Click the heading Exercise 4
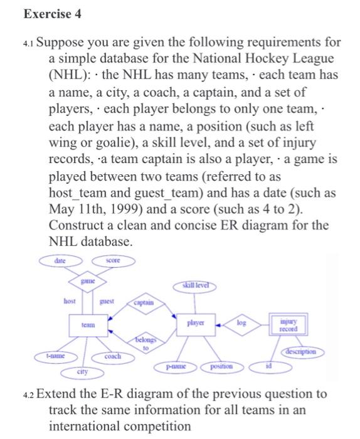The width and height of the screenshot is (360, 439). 45,13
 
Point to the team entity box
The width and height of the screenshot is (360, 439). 87,325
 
